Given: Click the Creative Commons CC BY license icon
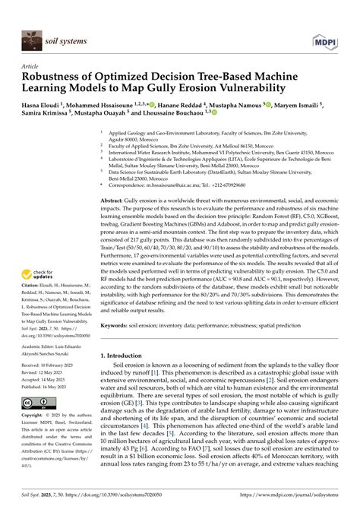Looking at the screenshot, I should tap(39, 403).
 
